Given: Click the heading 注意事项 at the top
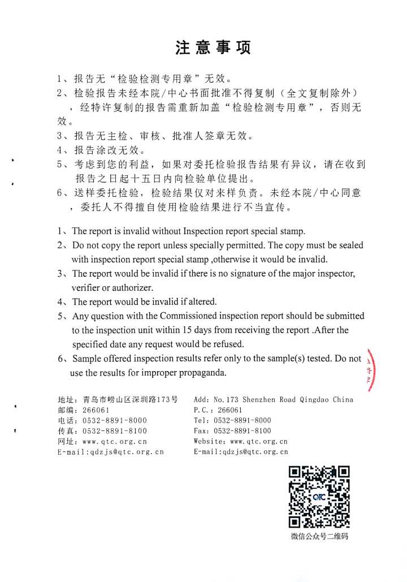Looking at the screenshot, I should point(213,48).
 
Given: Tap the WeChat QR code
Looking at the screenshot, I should point(319,497).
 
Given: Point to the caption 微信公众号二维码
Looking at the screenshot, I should point(319,536).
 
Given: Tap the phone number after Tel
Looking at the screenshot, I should point(242,420).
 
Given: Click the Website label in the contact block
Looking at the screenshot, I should point(209,441).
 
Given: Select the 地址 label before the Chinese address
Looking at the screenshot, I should point(65,399).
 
